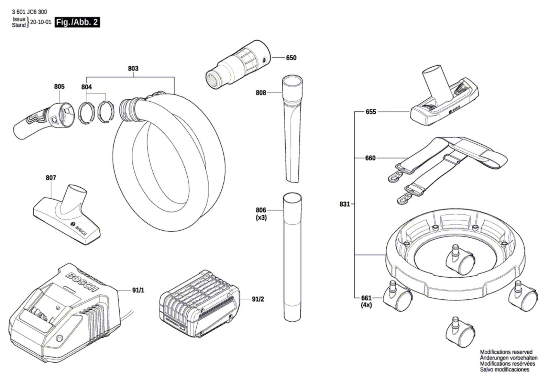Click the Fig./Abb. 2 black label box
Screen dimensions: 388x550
(x=77, y=23)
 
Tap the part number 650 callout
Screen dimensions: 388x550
(x=291, y=58)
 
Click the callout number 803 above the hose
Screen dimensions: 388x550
(x=133, y=68)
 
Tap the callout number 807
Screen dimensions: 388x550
(x=51, y=178)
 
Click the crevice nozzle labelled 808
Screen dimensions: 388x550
(x=293, y=131)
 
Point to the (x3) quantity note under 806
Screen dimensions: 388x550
(x=261, y=218)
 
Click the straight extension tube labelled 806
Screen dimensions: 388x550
(x=292, y=258)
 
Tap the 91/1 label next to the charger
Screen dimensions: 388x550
(x=138, y=290)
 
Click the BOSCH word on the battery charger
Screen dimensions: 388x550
(x=82, y=281)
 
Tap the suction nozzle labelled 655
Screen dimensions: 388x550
(x=443, y=100)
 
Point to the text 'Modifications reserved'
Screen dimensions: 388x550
(x=506, y=352)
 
